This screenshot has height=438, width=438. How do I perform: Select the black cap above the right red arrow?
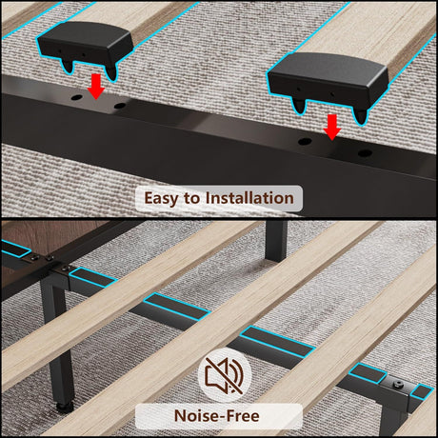pyautogui.click(x=328, y=82)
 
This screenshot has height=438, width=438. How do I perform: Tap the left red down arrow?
pyautogui.click(x=96, y=87)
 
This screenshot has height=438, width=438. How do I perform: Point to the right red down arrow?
pyautogui.click(x=332, y=127)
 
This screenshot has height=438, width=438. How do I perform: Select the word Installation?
pyautogui.click(x=249, y=198)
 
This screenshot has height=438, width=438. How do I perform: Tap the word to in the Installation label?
pyautogui.click(x=191, y=198)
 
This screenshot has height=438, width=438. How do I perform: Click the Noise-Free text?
pyautogui.click(x=217, y=416)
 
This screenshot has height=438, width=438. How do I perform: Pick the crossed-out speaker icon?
pyautogui.click(x=225, y=375)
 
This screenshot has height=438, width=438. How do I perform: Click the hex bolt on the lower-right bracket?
pyautogui.click(x=397, y=385)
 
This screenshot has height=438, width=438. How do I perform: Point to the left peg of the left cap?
pyautogui.click(x=68, y=66)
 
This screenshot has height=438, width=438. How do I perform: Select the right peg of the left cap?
pyautogui.click(x=111, y=72)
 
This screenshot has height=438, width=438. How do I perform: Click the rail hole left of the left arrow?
pyautogui.click(x=75, y=97)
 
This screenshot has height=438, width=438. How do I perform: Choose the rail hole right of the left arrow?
pyautogui.click(x=119, y=106)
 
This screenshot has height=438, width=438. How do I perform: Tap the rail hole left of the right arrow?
pyautogui.click(x=305, y=141)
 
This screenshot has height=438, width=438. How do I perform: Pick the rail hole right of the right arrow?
pyautogui.click(x=365, y=153)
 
